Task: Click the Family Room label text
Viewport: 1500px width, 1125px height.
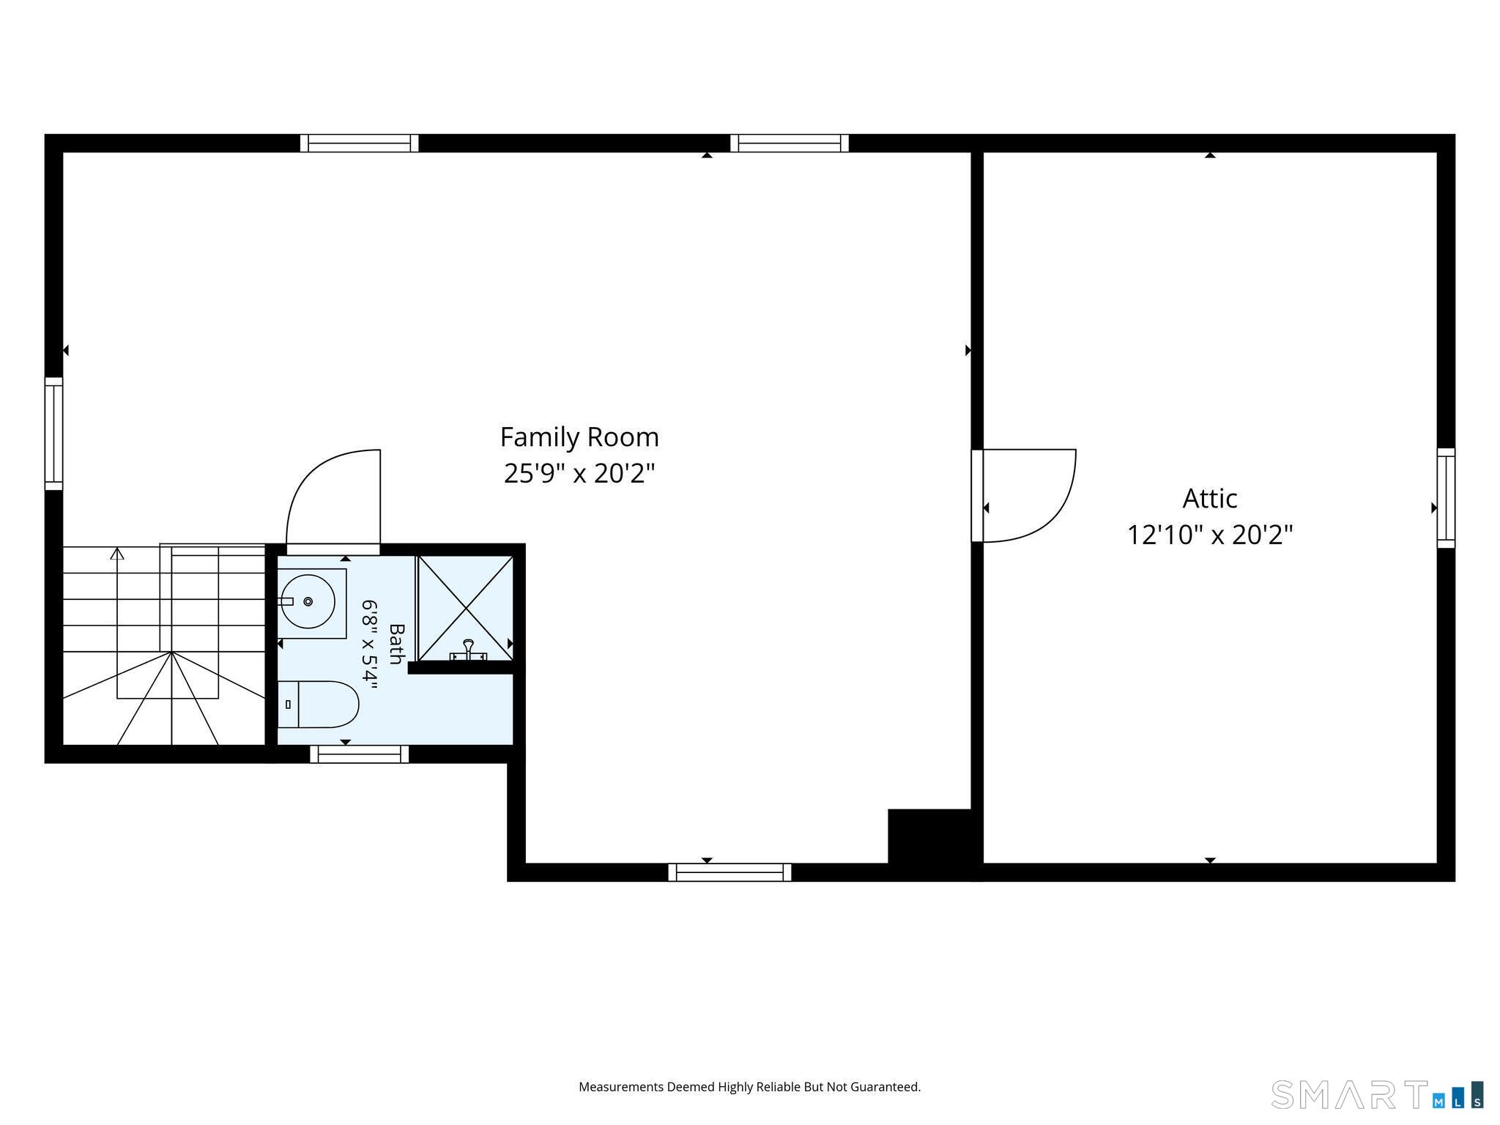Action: pyautogui.click(x=579, y=437)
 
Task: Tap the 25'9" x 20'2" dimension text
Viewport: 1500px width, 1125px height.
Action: pyautogui.click(x=579, y=474)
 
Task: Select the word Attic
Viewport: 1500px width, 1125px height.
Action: pyautogui.click(x=1210, y=498)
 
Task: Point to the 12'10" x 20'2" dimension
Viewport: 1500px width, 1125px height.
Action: pyautogui.click(x=1210, y=535)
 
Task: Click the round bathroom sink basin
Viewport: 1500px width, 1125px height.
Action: pyautogui.click(x=308, y=602)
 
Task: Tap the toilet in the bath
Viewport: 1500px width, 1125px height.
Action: pyautogui.click(x=318, y=704)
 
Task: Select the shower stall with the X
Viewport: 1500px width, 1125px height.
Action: pyautogui.click(x=466, y=608)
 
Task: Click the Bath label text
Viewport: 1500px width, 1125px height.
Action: pyautogui.click(x=396, y=644)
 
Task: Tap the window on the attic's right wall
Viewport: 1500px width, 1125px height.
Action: pyautogui.click(x=1446, y=498)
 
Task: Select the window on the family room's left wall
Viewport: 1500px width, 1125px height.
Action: pyautogui.click(x=53, y=434)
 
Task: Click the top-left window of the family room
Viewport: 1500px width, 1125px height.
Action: pyautogui.click(x=359, y=143)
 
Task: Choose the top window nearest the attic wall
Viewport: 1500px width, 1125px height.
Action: pyautogui.click(x=790, y=143)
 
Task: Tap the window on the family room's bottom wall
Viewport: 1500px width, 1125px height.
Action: pyautogui.click(x=729, y=872)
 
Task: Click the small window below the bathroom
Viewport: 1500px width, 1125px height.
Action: pyautogui.click(x=360, y=754)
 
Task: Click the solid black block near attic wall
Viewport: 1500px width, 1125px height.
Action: pyautogui.click(x=930, y=836)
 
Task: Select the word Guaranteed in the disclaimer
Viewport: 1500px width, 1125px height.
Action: pyautogui.click(x=887, y=1087)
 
